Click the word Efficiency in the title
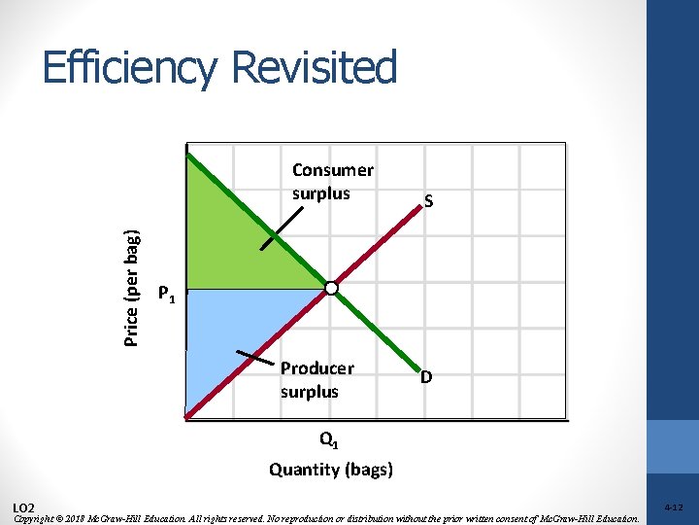[130, 69]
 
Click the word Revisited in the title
[315, 68]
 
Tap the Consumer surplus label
[332, 182]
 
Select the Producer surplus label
[316, 380]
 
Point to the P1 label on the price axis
[167, 293]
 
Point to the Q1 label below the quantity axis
[329, 442]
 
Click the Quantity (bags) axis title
[331, 470]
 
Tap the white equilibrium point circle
[332, 288]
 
